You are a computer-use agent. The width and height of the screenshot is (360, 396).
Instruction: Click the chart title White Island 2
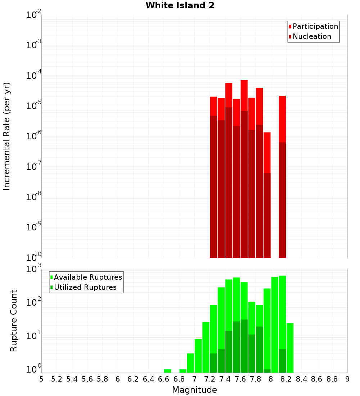pos(180,5)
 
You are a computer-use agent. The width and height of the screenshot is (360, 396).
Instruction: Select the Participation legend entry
pos(315,27)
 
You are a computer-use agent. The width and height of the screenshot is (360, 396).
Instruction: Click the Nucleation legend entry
pos(311,37)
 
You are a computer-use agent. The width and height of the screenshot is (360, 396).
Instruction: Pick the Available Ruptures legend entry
pos(87,278)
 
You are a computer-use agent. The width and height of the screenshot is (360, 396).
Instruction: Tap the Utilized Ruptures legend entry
pos(85,288)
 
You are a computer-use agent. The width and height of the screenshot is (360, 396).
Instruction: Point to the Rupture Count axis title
pos(14,321)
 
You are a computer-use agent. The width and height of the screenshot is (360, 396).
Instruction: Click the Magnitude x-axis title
pos(194,390)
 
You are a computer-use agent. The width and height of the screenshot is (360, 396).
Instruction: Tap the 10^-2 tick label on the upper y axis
pos(34,15)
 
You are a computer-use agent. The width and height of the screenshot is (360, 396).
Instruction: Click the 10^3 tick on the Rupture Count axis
pos(34,269)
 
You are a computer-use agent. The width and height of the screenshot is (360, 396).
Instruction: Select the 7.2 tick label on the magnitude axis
pos(210,379)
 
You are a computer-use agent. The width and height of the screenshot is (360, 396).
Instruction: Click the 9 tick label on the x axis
pos(347,379)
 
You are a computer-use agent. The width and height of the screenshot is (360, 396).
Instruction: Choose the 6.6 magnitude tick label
pos(164,379)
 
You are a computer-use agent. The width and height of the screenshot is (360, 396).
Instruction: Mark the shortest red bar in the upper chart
pos(267,151)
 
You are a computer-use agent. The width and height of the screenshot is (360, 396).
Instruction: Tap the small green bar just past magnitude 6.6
pos(167,371)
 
